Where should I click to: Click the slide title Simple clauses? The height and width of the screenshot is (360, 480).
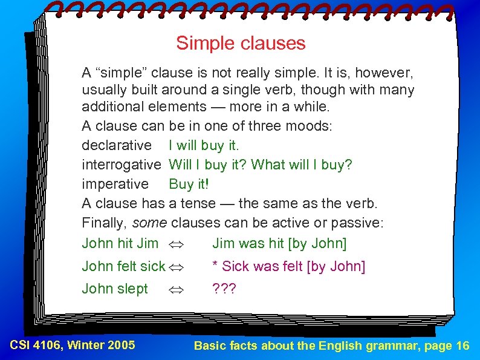click(x=241, y=44)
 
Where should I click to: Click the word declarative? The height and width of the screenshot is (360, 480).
click(x=117, y=145)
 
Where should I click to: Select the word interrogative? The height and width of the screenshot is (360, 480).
click(x=122, y=165)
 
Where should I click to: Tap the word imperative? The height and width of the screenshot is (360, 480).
click(x=115, y=184)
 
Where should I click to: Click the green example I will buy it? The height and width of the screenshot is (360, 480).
click(x=204, y=145)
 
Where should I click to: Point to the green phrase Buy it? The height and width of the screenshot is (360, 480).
click(x=189, y=184)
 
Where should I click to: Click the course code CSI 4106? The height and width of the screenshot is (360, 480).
click(x=37, y=345)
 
